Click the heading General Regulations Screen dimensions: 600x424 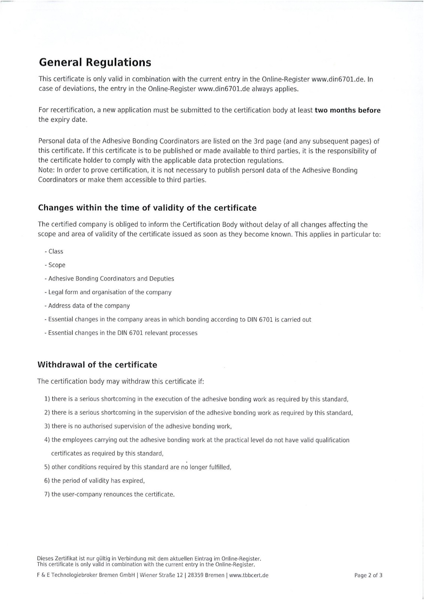(x=95, y=62)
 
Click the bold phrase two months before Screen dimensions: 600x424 (x=347, y=110)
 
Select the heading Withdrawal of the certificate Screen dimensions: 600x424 (x=97, y=365)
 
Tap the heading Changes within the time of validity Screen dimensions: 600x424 (x=147, y=208)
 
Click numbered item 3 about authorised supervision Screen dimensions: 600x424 (x=138, y=426)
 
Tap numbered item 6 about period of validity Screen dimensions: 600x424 (x=95, y=481)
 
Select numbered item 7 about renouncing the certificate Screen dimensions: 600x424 (x=110, y=494)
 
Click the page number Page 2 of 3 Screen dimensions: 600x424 (x=368, y=575)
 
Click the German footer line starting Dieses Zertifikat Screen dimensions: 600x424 (x=149, y=558)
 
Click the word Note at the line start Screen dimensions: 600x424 (x=45, y=171)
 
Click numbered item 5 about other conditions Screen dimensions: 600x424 (x=138, y=467)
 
